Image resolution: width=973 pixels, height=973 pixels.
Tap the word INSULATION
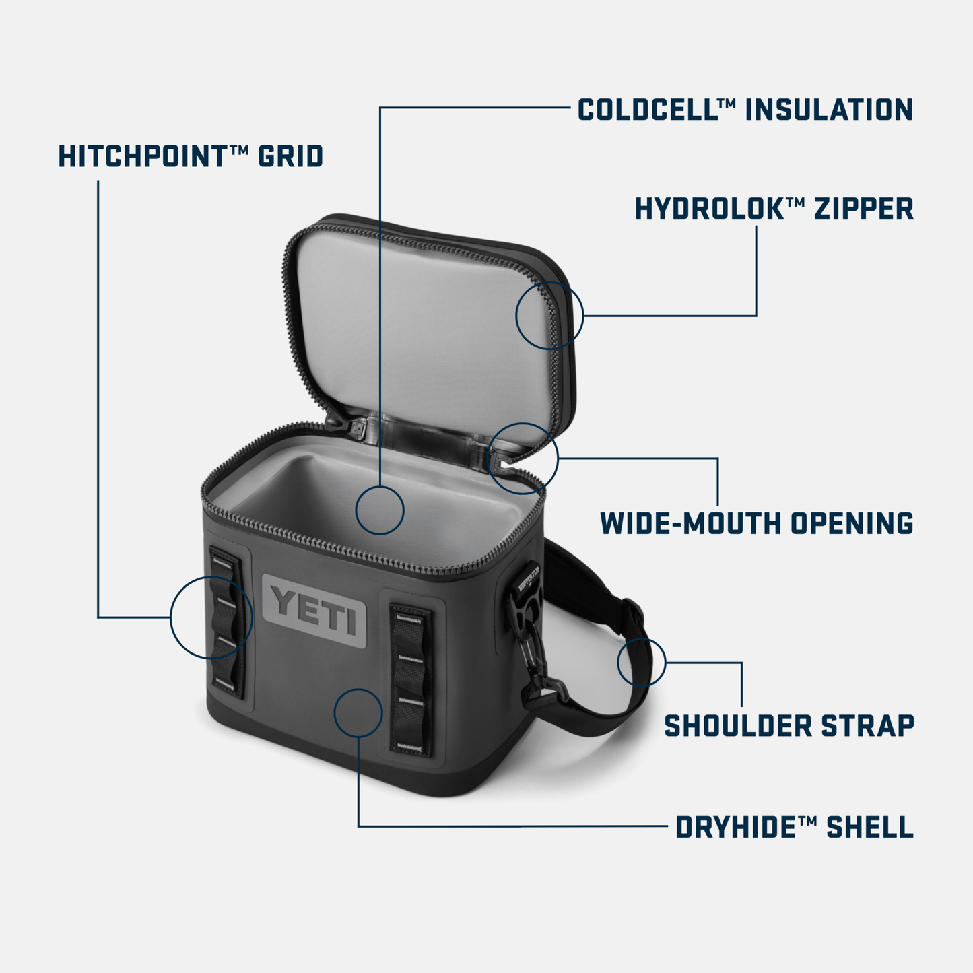(829, 110)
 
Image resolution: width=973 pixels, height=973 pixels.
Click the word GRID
(291, 156)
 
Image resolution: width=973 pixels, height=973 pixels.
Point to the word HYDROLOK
(709, 209)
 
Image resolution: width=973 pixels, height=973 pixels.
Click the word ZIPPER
(864, 209)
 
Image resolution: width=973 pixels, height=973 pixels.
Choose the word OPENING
(852, 523)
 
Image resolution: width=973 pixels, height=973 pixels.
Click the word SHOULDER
(738, 726)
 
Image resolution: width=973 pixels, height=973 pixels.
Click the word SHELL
(870, 828)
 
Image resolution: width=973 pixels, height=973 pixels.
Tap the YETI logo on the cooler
(314, 612)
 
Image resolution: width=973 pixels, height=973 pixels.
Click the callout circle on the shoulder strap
(641, 662)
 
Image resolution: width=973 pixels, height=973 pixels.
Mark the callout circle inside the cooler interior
(380, 510)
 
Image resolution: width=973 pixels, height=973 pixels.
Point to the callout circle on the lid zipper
(549, 315)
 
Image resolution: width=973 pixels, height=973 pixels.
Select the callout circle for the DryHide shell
(358, 712)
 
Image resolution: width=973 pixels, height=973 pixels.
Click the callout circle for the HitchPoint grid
(211, 617)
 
